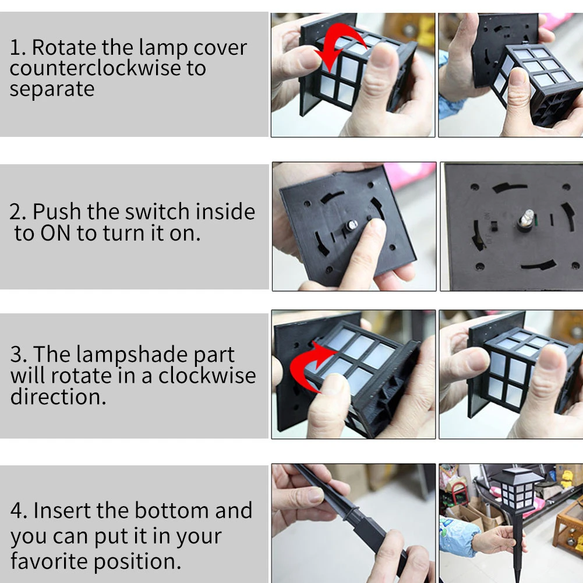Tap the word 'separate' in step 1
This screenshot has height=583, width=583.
coord(52,90)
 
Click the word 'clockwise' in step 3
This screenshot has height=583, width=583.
coord(207,376)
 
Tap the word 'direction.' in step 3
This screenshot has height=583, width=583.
coord(58,397)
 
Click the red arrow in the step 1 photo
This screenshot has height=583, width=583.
coord(337,41)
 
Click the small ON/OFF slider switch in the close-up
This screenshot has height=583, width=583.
coord(494,225)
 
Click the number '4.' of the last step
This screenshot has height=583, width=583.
coord(19,511)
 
